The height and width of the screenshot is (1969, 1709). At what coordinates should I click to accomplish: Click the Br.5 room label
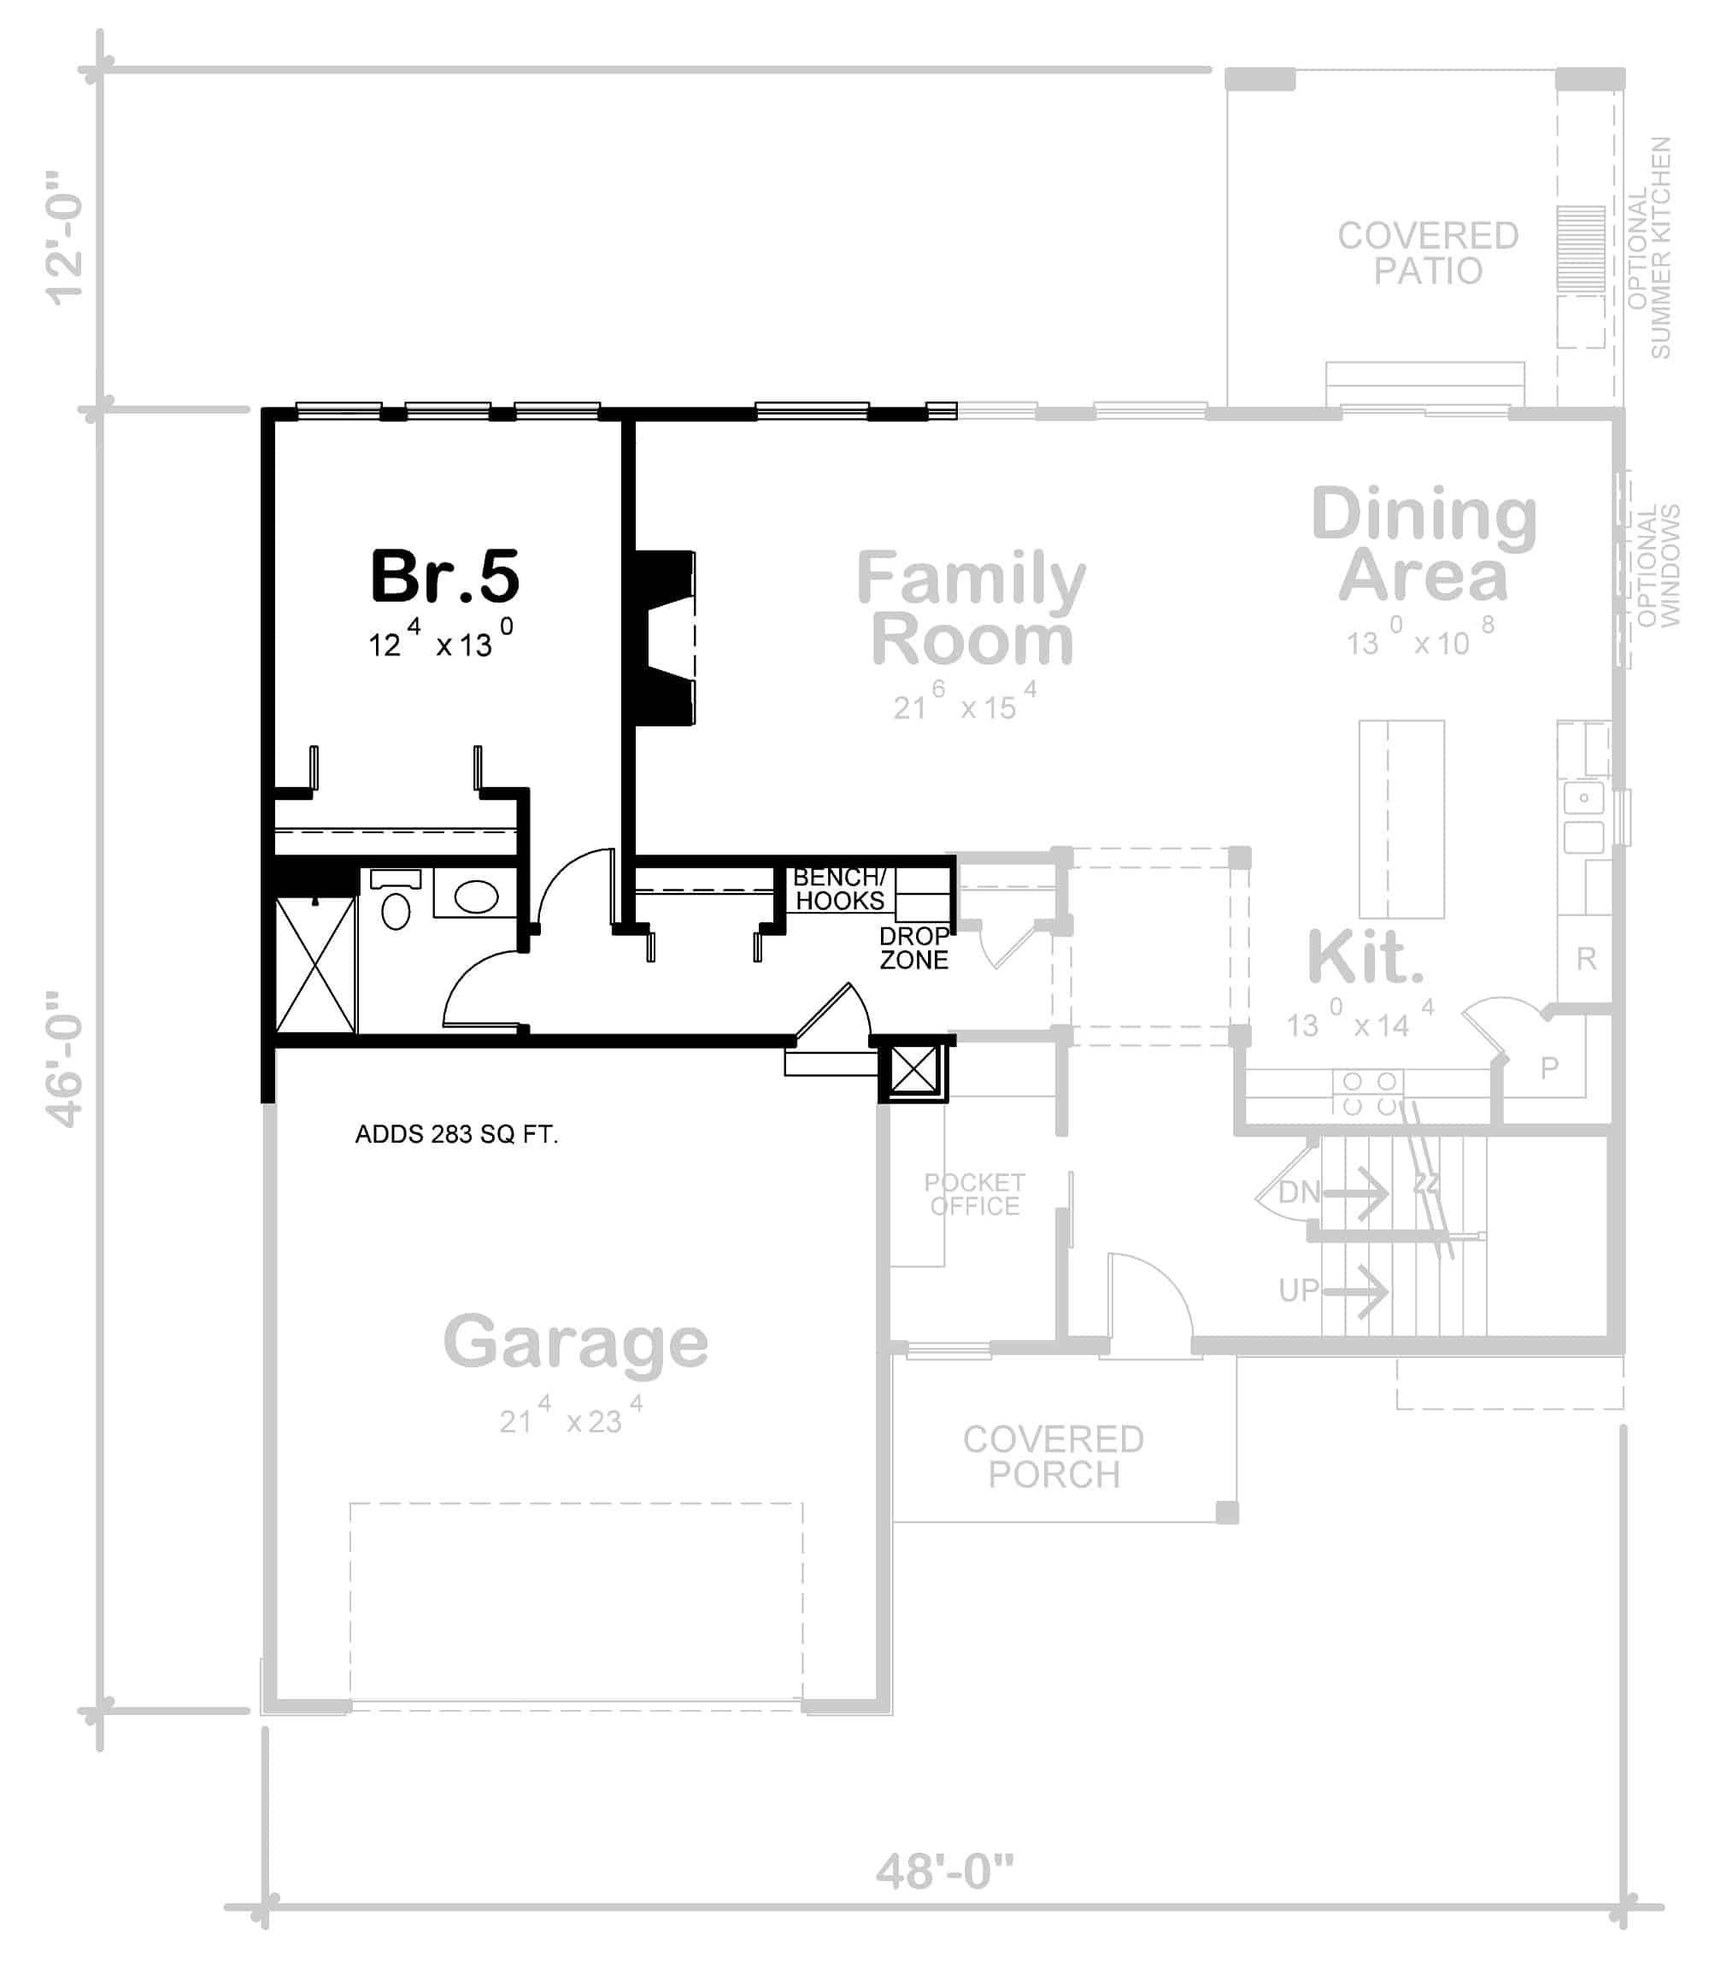click(x=444, y=577)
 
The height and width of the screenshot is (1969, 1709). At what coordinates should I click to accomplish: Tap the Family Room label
click(x=971, y=608)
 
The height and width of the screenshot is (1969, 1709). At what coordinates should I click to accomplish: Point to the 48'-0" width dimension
click(x=945, y=1872)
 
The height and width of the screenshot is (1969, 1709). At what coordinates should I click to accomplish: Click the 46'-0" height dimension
click(x=67, y=1059)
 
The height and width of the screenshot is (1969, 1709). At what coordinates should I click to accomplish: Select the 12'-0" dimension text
click(x=67, y=238)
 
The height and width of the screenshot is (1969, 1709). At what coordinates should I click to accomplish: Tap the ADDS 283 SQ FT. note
click(x=455, y=1134)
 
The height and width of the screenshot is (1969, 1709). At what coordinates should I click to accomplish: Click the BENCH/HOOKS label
click(x=839, y=888)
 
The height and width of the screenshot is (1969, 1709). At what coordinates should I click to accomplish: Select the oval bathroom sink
click(x=476, y=896)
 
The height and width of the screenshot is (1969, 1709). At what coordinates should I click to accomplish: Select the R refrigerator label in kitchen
click(x=1586, y=958)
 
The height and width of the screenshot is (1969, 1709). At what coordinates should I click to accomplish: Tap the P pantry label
click(x=1550, y=1067)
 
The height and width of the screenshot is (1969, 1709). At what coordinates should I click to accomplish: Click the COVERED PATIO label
click(x=1428, y=253)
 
